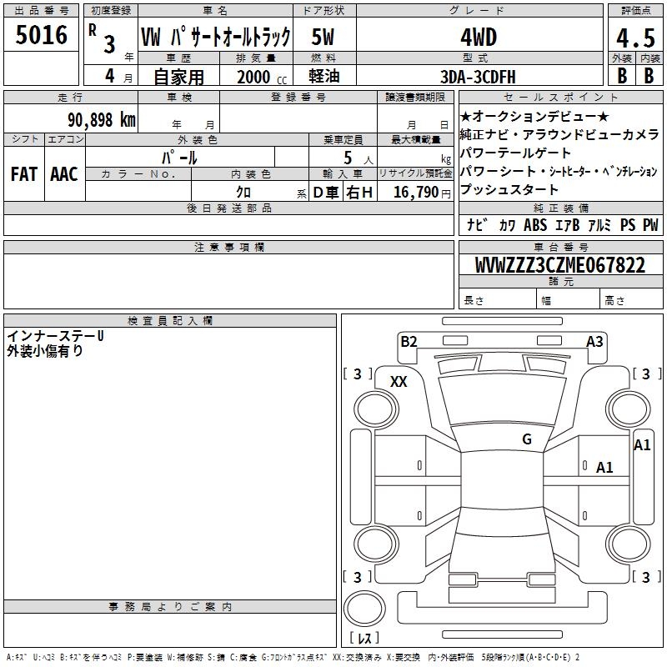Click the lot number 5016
point(41,35)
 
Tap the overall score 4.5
point(635,38)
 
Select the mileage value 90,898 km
point(102,120)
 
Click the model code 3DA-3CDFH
point(478,77)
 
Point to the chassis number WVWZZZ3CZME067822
point(560,265)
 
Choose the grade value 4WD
point(479,38)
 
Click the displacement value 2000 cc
point(262,77)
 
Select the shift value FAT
point(24,174)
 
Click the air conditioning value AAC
point(64,174)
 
